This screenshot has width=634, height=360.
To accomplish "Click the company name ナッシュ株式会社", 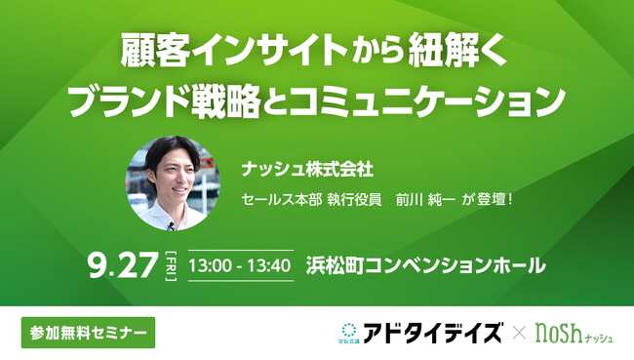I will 293,169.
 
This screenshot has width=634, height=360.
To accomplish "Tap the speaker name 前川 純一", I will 424,198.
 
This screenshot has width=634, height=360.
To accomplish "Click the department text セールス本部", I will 283,198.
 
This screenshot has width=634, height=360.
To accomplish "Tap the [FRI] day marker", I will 170,264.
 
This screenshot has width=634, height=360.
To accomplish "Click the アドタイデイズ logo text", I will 440,332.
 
